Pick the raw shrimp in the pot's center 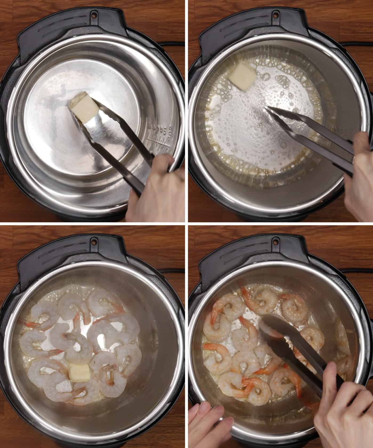click(77, 347)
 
